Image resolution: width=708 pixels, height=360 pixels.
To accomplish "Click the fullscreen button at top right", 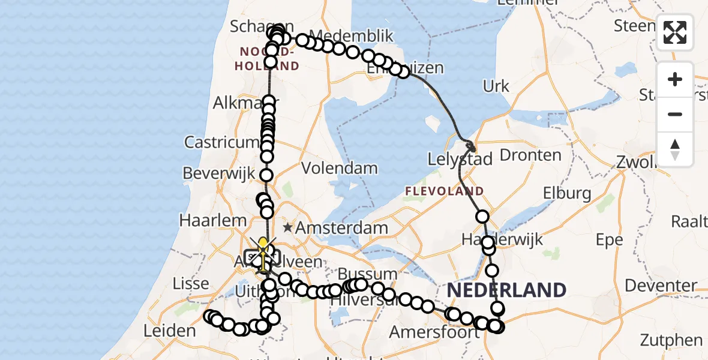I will pos(675,32).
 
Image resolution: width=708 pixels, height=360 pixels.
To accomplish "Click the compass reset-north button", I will pos(675,149).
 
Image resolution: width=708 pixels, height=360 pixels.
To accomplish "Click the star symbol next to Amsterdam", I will pos(288,227).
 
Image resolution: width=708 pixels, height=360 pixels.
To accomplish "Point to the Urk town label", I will pos(496,86).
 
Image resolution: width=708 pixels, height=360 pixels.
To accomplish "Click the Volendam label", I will pos(340,169).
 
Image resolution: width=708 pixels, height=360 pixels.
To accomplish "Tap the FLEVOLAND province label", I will pos(444,191).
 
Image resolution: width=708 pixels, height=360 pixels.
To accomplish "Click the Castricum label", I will pos(220,142).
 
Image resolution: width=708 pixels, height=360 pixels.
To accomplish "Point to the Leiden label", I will pos(170,331).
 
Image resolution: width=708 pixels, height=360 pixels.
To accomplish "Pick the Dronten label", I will pos(530,155).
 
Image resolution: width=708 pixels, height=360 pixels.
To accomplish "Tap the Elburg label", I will pos(567,193).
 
